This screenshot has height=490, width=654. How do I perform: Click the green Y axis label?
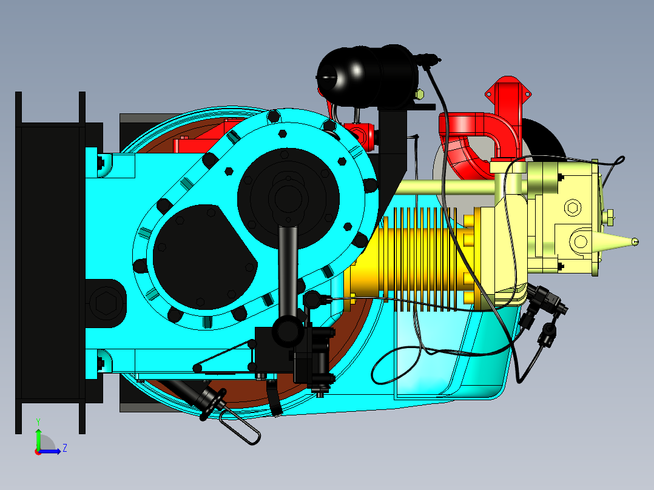pos(38,420)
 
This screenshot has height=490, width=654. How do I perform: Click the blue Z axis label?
pos(64,448)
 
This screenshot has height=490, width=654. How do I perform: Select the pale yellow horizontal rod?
pos(449,187)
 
